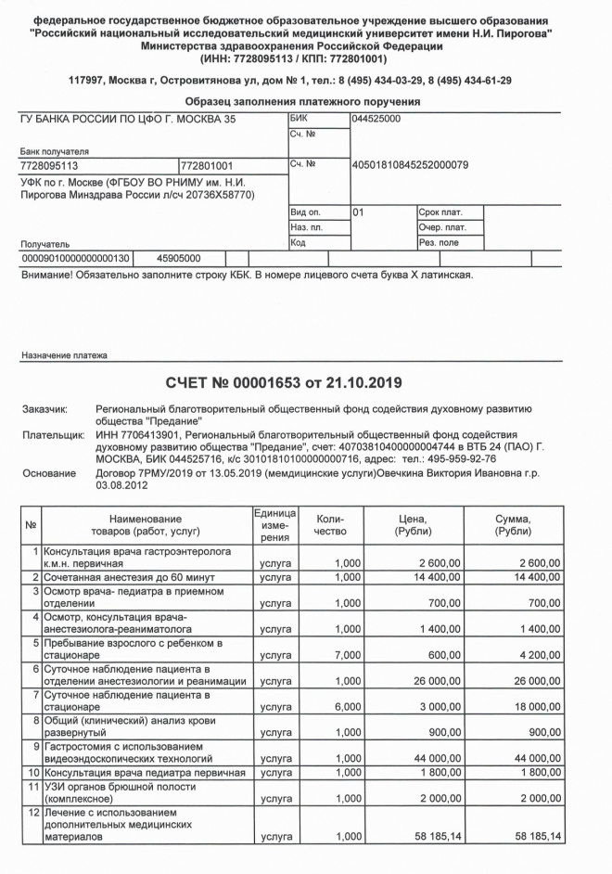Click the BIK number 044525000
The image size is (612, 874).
(x=376, y=120)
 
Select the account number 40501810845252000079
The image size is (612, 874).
(x=410, y=165)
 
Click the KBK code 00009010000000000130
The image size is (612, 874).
(x=76, y=258)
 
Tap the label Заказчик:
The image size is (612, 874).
(x=45, y=408)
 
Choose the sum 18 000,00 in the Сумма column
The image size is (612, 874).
(x=537, y=707)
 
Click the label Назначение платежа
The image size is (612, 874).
(x=63, y=354)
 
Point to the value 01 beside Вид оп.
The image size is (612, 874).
(x=359, y=212)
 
